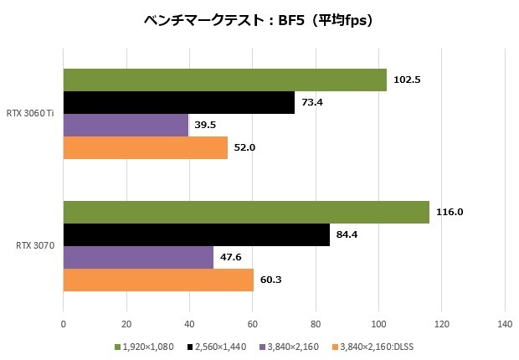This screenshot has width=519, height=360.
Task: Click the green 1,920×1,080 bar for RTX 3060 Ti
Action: (224, 80)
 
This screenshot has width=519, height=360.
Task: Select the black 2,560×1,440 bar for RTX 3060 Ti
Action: (179, 102)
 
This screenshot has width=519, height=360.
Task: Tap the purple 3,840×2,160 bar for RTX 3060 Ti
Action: (126, 125)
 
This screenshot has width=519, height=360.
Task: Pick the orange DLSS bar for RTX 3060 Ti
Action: (145, 147)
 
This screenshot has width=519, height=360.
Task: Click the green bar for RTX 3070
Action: (246, 212)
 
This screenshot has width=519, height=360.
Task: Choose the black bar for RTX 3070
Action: (196, 234)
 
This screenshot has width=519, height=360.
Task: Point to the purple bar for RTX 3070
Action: (138, 257)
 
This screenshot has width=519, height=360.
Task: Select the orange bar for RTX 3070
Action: (158, 280)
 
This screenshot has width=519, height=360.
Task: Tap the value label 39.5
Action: (206, 125)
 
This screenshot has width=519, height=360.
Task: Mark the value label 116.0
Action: (449, 212)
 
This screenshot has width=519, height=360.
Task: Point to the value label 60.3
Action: (270, 280)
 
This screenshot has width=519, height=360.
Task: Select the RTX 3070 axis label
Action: (36, 246)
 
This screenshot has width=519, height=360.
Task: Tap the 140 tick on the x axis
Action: (505, 324)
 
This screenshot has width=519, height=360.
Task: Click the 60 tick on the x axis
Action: (252, 324)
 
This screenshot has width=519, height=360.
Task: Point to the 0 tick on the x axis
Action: (64, 324)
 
